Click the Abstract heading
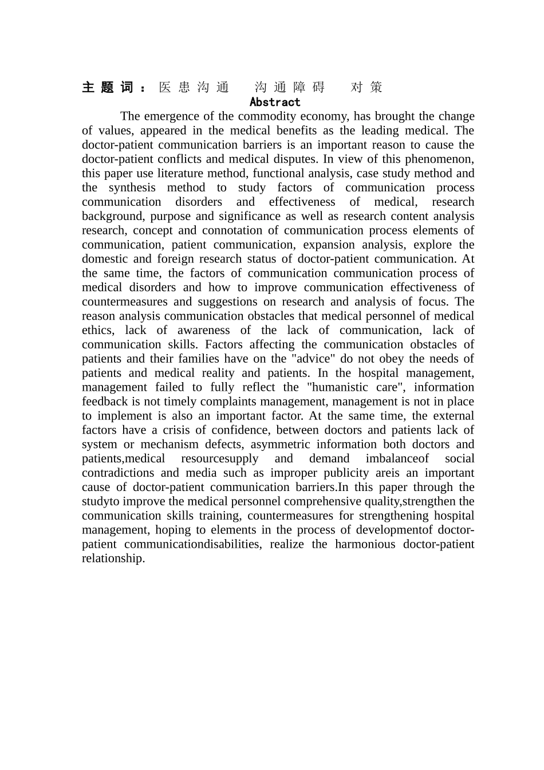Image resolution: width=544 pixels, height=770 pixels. click(x=275, y=102)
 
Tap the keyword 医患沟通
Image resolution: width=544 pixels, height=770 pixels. click(x=194, y=87)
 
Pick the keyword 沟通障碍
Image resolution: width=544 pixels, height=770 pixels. click(x=290, y=87)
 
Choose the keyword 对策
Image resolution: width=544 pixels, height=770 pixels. click(x=366, y=87)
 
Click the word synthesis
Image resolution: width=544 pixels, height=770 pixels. click(x=132, y=188)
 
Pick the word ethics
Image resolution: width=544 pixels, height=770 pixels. click(x=97, y=331)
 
